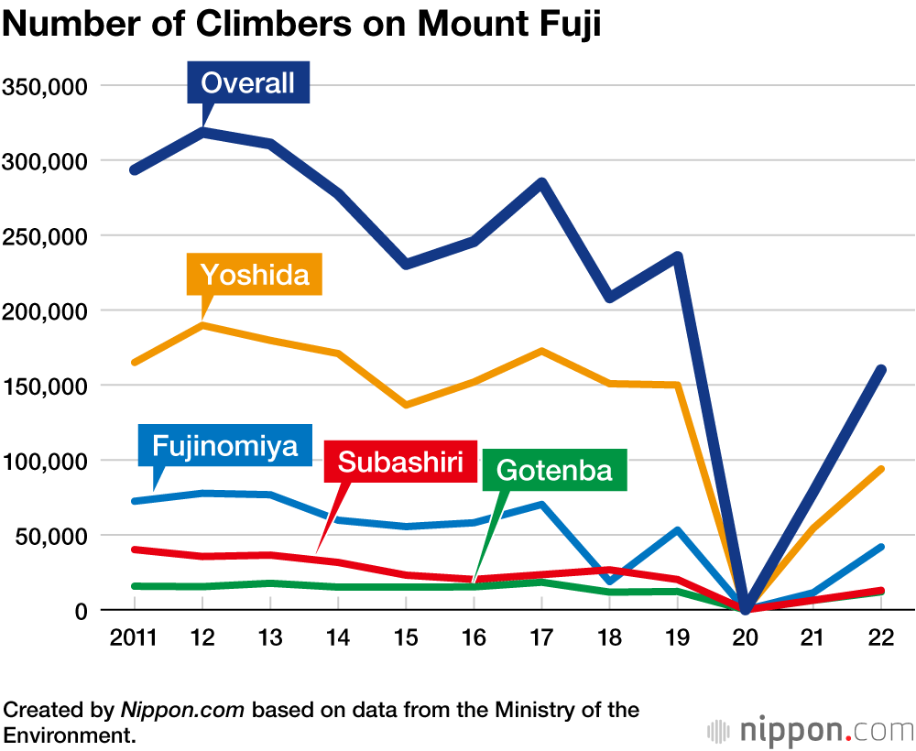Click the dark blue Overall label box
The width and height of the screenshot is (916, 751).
click(248, 83)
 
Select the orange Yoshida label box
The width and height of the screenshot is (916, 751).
click(255, 274)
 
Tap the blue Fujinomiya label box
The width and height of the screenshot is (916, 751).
click(225, 446)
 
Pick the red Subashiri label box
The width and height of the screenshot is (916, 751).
click(400, 461)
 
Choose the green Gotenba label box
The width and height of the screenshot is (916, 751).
click(553, 471)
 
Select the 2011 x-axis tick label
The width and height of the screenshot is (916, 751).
click(134, 638)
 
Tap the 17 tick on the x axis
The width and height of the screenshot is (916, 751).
click(541, 638)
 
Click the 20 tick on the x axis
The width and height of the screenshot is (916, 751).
click(746, 638)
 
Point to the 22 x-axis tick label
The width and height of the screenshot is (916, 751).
click(881, 638)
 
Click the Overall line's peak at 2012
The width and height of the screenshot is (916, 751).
click(202, 132)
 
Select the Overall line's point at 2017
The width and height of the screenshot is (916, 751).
click(541, 182)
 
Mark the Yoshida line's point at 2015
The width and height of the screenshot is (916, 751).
click(406, 405)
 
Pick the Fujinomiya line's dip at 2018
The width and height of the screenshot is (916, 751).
click(609, 582)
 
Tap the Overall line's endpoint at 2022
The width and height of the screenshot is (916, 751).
click(881, 370)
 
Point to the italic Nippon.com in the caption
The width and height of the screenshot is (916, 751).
click(183, 710)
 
